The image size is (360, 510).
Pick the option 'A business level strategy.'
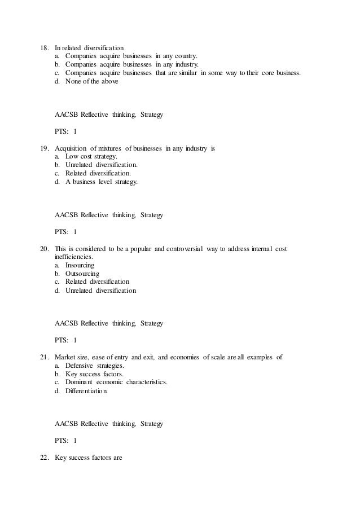[101, 182]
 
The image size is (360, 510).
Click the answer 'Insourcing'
[80, 265]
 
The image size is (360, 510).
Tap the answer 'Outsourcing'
[82, 274]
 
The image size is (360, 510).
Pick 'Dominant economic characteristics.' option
[116, 383]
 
